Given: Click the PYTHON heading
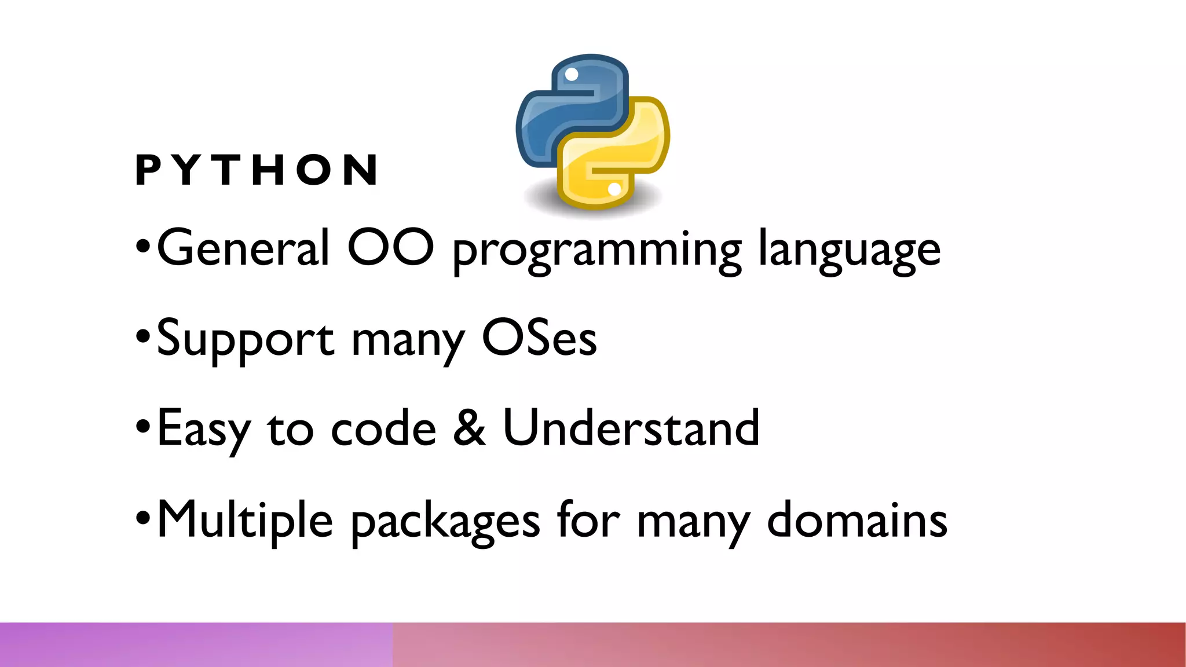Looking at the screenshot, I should (257, 170).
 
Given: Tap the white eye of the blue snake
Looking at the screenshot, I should (572, 75).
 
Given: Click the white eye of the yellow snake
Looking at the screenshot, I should (614, 189).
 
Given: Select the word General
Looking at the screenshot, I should (243, 248).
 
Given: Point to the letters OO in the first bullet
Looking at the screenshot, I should (390, 248).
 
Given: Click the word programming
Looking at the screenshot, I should (596, 252).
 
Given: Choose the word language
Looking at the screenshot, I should (849, 252).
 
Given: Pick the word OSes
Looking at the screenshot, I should (539, 338).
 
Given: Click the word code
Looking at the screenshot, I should (383, 428).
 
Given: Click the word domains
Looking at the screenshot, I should (857, 519).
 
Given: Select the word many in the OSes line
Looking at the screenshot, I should (408, 343).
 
